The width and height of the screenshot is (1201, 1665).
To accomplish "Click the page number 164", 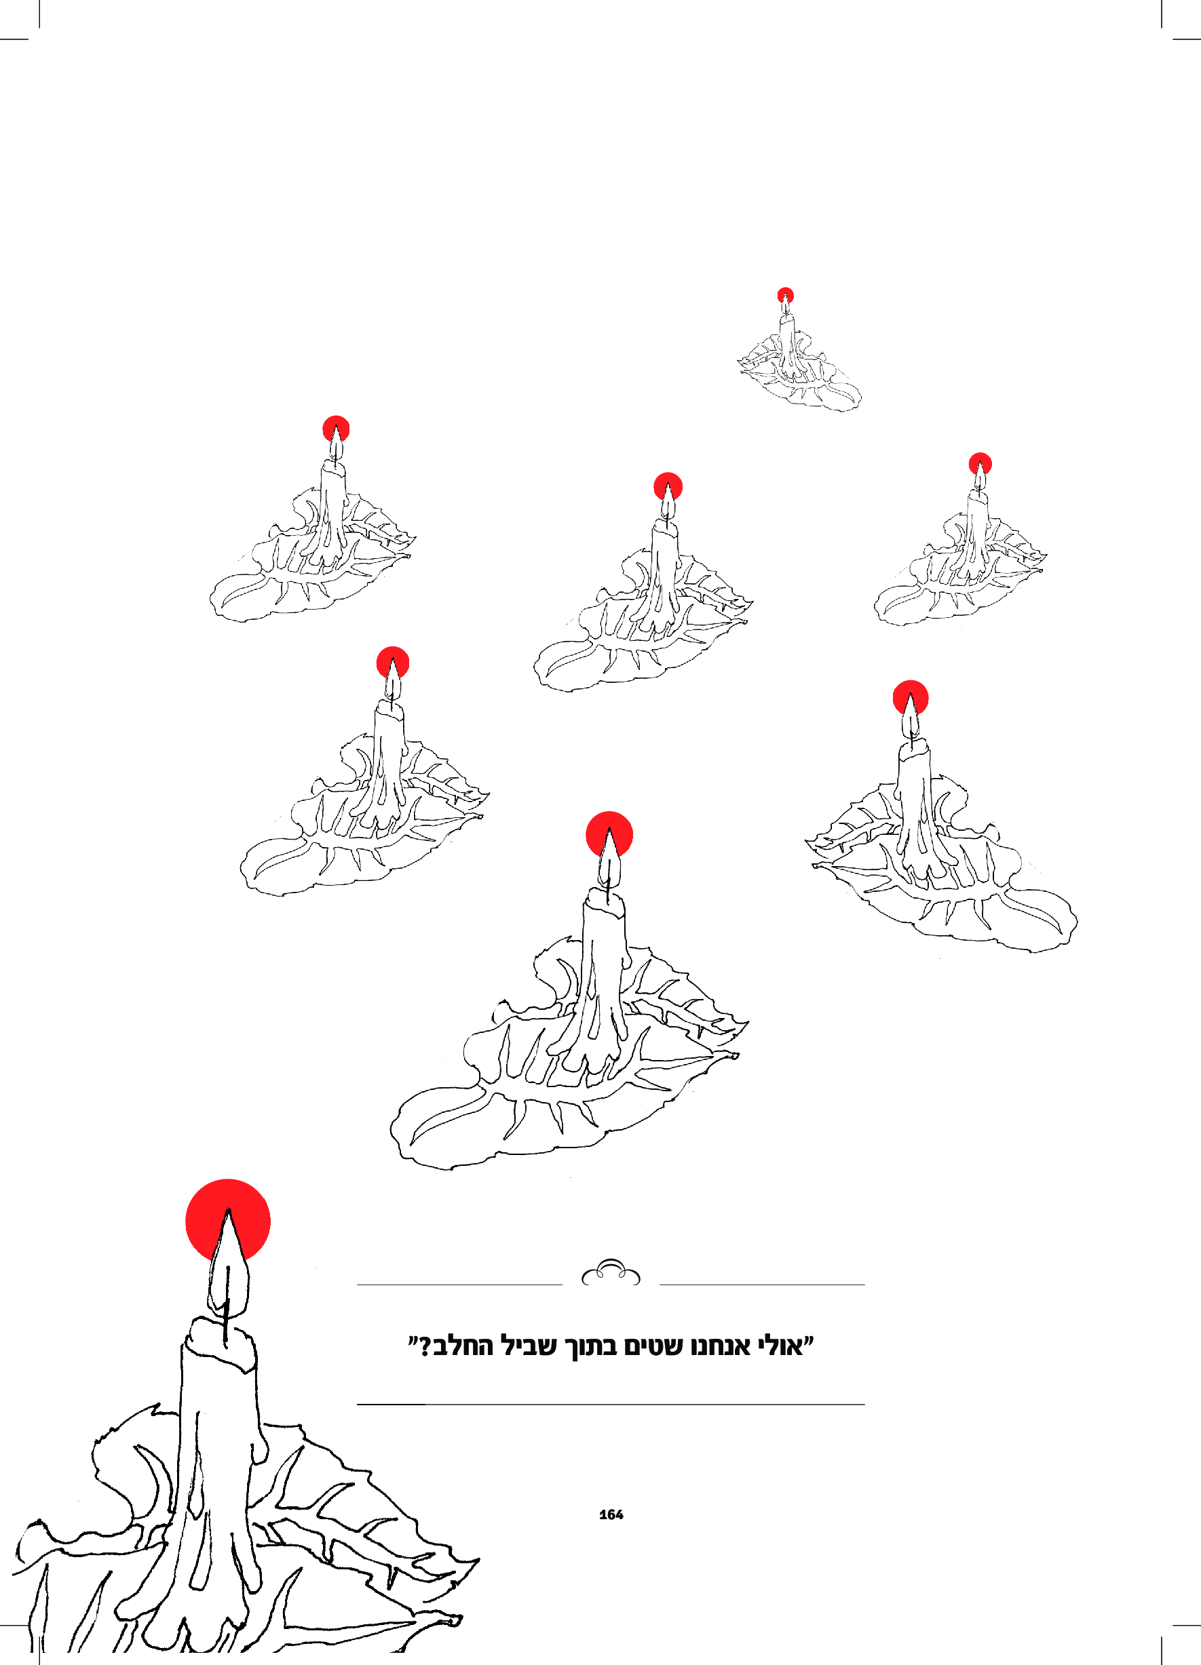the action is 611,1514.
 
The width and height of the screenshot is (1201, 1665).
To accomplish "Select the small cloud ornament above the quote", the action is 611,1274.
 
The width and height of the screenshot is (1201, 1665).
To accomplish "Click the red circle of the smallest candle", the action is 786,294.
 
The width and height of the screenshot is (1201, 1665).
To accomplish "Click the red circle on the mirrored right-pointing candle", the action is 911,698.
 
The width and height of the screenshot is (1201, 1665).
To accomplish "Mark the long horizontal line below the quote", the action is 611,1405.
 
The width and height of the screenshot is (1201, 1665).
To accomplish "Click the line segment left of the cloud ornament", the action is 460,1285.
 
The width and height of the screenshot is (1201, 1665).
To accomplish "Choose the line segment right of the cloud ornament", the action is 763,1285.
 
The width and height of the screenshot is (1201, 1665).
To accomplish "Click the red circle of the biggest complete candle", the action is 609,835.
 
